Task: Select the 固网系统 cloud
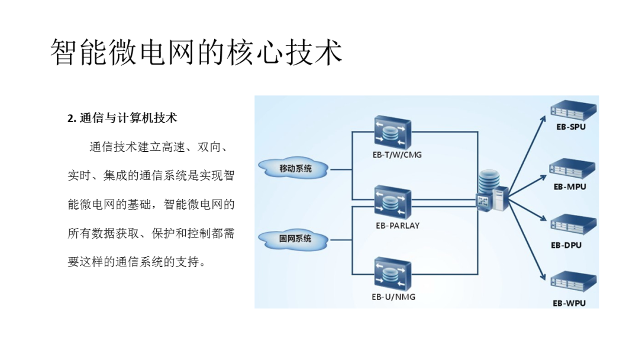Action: tap(295, 239)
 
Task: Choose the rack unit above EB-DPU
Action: tap(573, 227)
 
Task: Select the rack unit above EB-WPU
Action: tap(573, 284)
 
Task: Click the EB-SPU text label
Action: tap(570, 127)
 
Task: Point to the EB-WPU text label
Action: tap(569, 303)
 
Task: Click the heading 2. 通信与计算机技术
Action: tap(122, 118)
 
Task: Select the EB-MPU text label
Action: tap(570, 187)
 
